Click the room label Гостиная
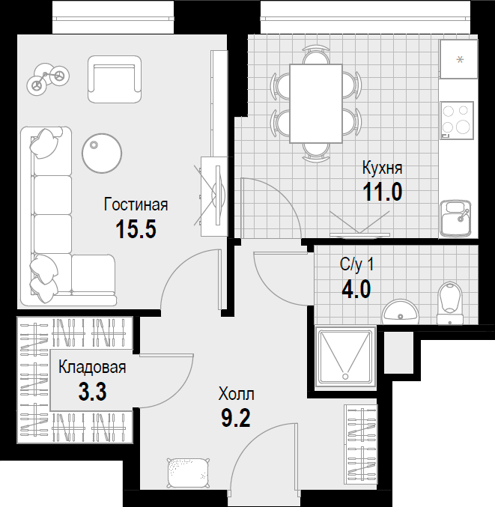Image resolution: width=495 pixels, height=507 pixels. click(136, 204)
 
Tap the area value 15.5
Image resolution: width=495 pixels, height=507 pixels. click(136, 229)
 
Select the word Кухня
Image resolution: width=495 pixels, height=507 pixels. click(383, 168)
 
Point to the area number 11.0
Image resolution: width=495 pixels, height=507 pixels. click(383, 192)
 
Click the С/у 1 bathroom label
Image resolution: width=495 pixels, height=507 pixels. click(357, 264)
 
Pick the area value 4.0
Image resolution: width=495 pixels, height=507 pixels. click(356, 289)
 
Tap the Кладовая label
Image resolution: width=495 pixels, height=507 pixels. click(92, 367)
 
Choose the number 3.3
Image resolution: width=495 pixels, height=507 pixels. click(92, 392)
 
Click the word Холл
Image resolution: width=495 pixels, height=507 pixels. click(237, 394)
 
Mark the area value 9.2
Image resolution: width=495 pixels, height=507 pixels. click(236, 419)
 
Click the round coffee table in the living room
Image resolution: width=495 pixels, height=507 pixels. click(102, 153)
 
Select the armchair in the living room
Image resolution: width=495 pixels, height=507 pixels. click(115, 79)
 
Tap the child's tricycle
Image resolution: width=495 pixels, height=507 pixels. click(47, 79)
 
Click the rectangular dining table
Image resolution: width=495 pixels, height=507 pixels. click(316, 103)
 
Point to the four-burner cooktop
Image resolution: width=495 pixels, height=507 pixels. click(457, 121)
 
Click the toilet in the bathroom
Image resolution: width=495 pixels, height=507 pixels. click(450, 303)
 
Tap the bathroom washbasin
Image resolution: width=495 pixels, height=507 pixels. click(401, 312)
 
